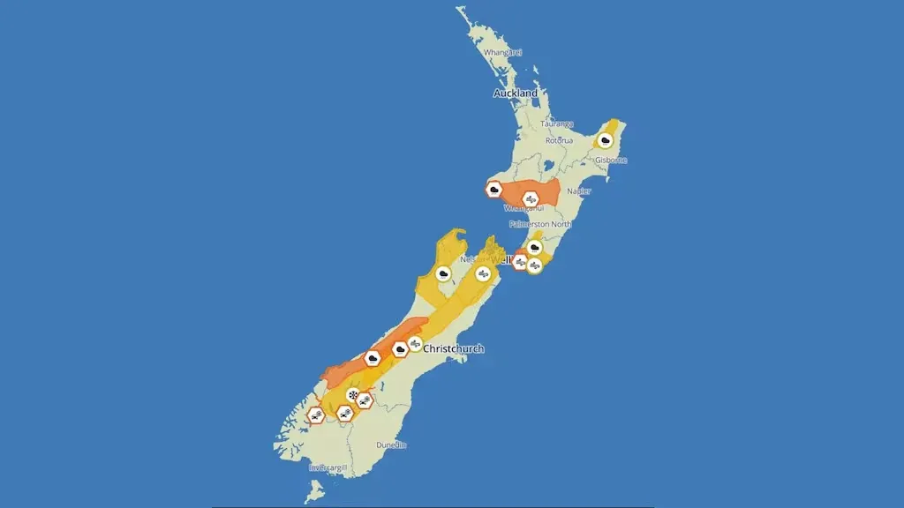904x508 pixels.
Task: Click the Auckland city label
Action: pyautogui.click(x=516, y=93)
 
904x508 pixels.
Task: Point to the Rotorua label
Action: pyautogui.click(x=559, y=140)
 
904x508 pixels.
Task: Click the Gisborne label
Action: pyautogui.click(x=611, y=160)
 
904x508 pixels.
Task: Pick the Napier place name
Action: pyautogui.click(x=579, y=190)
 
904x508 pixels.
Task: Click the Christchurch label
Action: pyautogui.click(x=454, y=349)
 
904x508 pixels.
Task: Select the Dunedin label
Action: pyautogui.click(x=391, y=445)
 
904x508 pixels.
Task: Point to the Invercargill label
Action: pyautogui.click(x=328, y=467)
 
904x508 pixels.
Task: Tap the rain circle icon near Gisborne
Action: pyautogui.click(x=605, y=139)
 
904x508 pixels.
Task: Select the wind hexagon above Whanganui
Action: pyautogui.click(x=531, y=199)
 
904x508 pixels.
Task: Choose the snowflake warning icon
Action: pyautogui.click(x=353, y=396)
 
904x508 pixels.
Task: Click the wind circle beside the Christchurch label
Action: pyautogui.click(x=415, y=344)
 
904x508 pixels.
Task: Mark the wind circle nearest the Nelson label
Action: pyautogui.click(x=483, y=273)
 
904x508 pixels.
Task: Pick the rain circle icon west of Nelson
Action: pyautogui.click(x=442, y=273)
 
